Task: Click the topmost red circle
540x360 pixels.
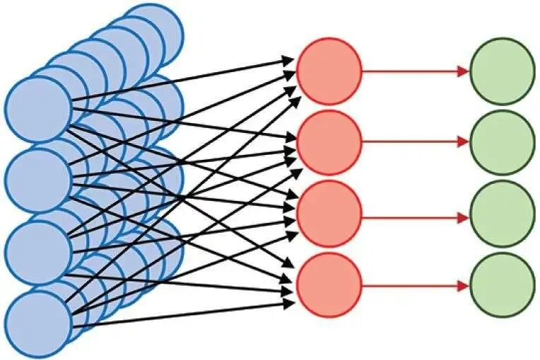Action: pyautogui.click(x=329, y=71)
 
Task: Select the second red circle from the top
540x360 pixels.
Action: pyautogui.click(x=329, y=142)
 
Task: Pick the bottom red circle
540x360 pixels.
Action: pyautogui.click(x=329, y=285)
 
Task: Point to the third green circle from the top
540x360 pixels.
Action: pyautogui.click(x=503, y=214)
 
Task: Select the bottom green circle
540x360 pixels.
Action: pyautogui.click(x=503, y=285)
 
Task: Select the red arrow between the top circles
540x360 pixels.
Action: pyautogui.click(x=413, y=71)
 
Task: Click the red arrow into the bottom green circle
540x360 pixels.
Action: pyautogui.click(x=413, y=285)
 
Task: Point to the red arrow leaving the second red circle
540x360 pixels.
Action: pyautogui.click(x=413, y=142)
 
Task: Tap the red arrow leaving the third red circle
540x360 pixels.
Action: pyautogui.click(x=413, y=214)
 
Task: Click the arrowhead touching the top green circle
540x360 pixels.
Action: pyautogui.click(x=464, y=71)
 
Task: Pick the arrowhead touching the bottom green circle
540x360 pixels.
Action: pyautogui.click(x=464, y=285)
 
